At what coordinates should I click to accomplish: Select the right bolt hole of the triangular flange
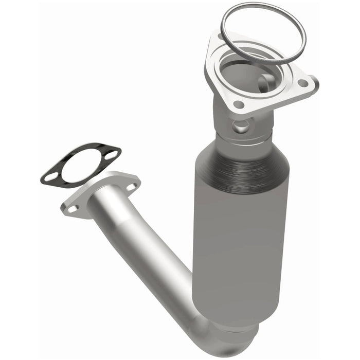303,83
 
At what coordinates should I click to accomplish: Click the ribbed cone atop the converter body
242,162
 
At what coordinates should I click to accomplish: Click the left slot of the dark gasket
50,178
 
